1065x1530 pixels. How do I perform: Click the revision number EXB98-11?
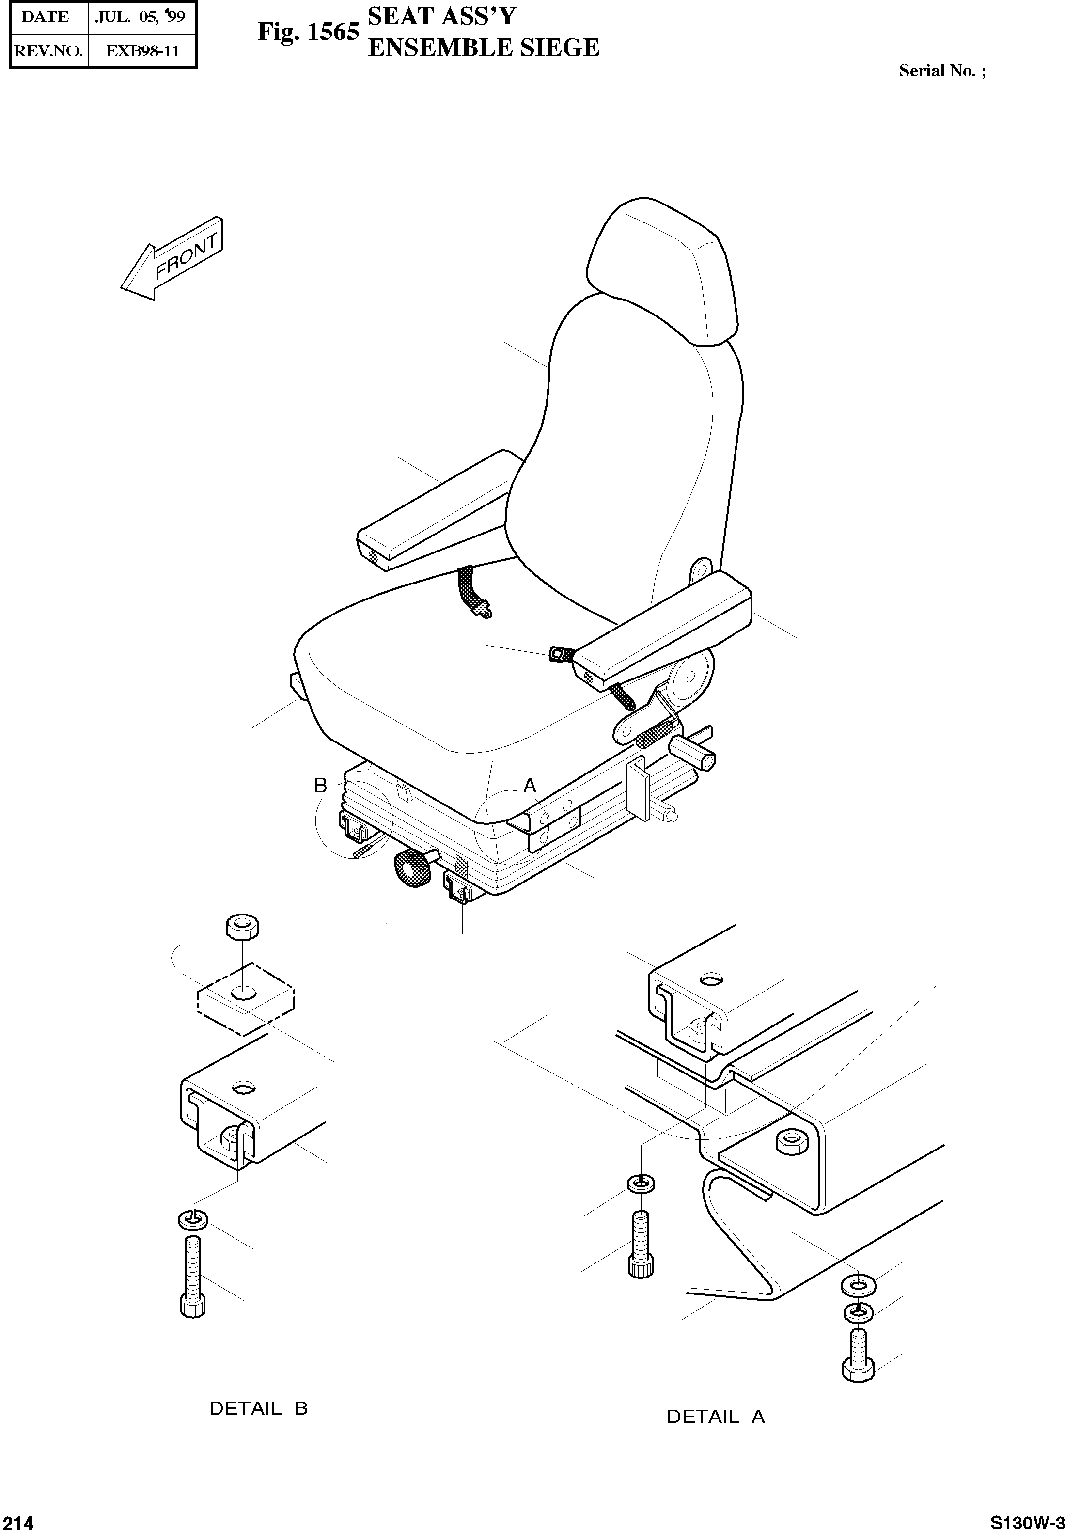coord(142,50)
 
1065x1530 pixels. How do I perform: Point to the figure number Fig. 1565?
coord(308,32)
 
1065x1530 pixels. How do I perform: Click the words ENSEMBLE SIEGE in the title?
coord(484,48)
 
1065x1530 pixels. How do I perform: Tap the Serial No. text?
coord(942,71)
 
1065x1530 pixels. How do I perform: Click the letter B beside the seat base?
coord(320,786)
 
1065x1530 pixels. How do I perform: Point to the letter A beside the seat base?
coord(530,786)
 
